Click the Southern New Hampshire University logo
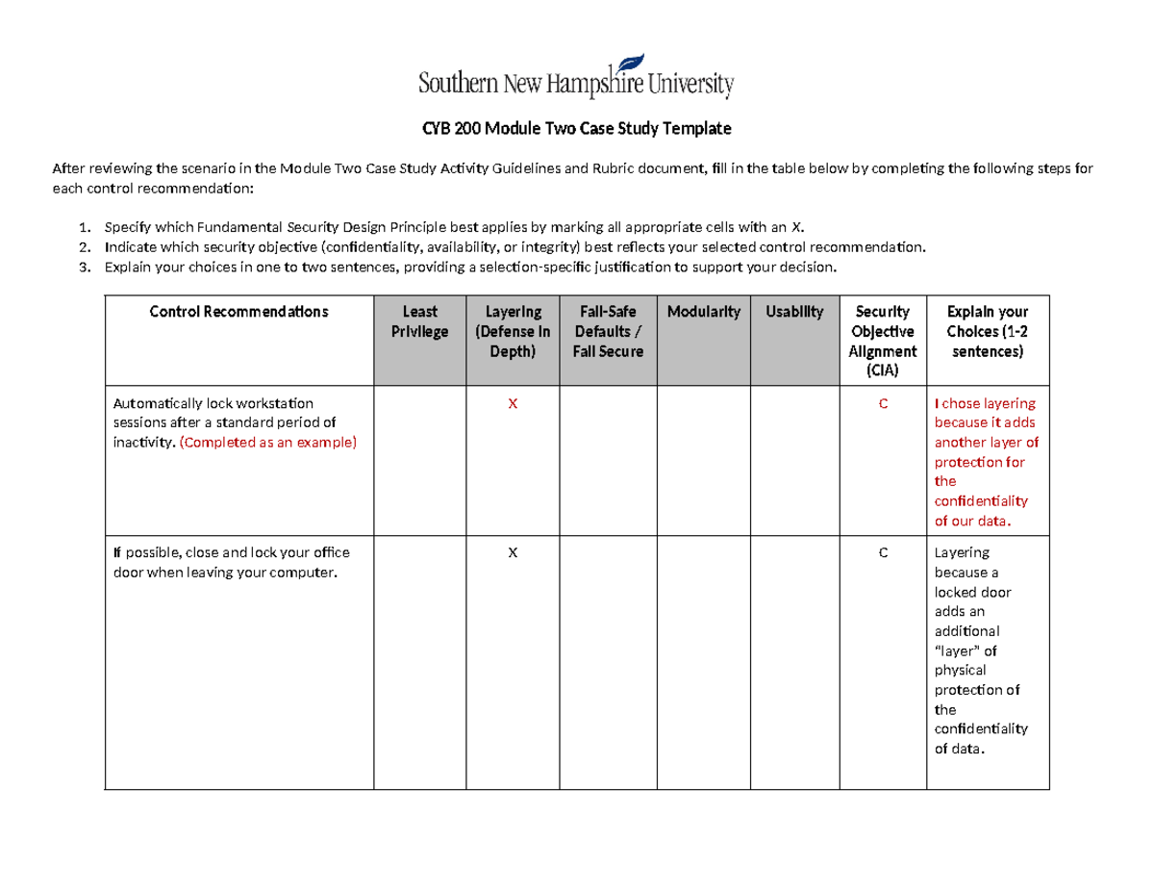pyautogui.click(x=576, y=76)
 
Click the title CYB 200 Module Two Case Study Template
pyautogui.click(x=576, y=128)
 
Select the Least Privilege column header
pyautogui.click(x=419, y=321)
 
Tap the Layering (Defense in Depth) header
pyautogui.click(x=513, y=331)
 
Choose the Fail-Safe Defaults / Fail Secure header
pyautogui.click(x=608, y=331)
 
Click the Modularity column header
pyautogui.click(x=703, y=312)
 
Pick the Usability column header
pyautogui.click(x=794, y=312)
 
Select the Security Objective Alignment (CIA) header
pyautogui.click(x=882, y=341)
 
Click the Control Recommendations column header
pyautogui.click(x=238, y=312)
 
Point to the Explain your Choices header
pyautogui.click(x=987, y=331)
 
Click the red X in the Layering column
pyautogui.click(x=513, y=404)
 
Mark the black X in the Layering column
pyautogui.click(x=513, y=553)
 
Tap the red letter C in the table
pyautogui.click(x=882, y=404)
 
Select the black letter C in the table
pyautogui.click(x=882, y=553)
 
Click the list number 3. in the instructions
pyautogui.click(x=85, y=268)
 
